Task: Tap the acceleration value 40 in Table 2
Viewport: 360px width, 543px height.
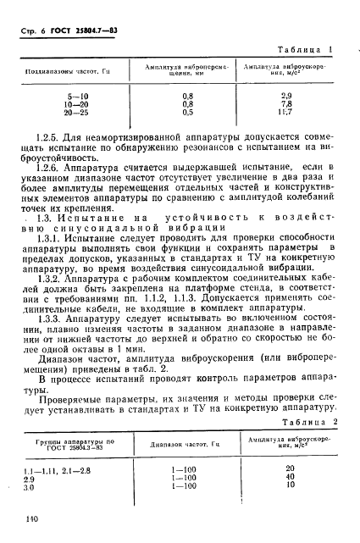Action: pyautogui.click(x=291, y=479)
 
